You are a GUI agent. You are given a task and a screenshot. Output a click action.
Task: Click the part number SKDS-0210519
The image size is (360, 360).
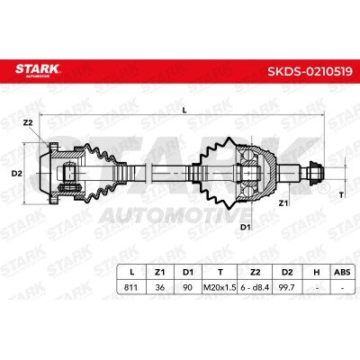pyautogui.click(x=310, y=71)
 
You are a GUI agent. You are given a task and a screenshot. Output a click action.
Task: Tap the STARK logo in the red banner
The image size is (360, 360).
pyautogui.click(x=38, y=69)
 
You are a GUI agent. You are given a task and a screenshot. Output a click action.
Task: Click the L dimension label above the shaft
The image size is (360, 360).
pyautogui.click(x=184, y=110)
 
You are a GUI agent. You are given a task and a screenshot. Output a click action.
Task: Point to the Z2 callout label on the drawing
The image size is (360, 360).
pyautogui.click(x=28, y=122)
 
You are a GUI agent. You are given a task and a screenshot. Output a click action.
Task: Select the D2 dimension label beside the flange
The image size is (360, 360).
pyautogui.click(x=17, y=174)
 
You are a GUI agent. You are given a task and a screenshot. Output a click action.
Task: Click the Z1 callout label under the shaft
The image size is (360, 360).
pyautogui.click(x=283, y=203)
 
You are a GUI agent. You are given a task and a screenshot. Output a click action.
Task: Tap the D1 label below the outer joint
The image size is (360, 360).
pyautogui.click(x=246, y=227)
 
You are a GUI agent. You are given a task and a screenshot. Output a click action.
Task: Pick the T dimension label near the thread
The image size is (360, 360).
pyautogui.click(x=341, y=195)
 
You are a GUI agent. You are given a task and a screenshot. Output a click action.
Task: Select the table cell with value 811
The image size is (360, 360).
pyautogui.click(x=130, y=287)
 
